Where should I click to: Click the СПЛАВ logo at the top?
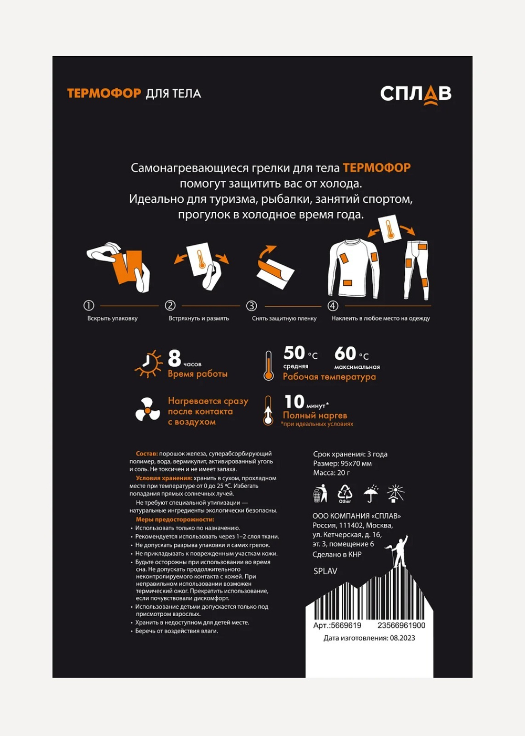(415, 95)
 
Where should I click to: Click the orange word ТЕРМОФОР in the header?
(104, 94)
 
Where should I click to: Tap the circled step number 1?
(89, 305)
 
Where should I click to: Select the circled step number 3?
(251, 306)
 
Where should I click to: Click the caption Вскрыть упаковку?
(112, 318)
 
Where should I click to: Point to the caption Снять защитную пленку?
(284, 318)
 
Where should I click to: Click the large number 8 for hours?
(174, 358)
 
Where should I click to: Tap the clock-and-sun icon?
(149, 364)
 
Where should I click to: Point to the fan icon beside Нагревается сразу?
(148, 409)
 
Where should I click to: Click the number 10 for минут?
(295, 402)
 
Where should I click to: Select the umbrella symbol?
(371, 493)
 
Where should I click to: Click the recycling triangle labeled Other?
(345, 493)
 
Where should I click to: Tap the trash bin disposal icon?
(320, 493)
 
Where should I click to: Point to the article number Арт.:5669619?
(337, 625)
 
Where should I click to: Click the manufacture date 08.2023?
(402, 638)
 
